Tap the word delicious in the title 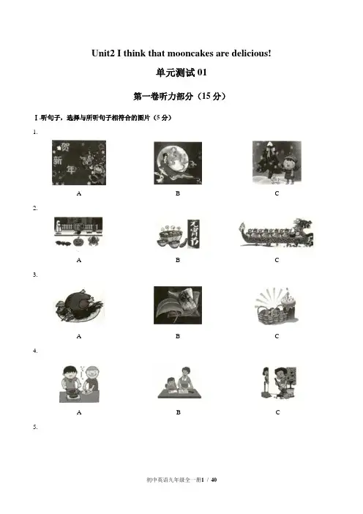250,53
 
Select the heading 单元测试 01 181,72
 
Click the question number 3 35,275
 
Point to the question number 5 35,427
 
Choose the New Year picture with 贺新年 79,163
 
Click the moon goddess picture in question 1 178,163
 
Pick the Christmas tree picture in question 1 277,163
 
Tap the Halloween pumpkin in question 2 78,242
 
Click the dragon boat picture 276,233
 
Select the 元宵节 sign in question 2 193,234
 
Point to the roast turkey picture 79,306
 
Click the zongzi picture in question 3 178,305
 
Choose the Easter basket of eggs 269,313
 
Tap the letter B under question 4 178,412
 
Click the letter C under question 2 277,260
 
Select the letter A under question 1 79,193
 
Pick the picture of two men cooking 79,384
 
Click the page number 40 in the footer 214,480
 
